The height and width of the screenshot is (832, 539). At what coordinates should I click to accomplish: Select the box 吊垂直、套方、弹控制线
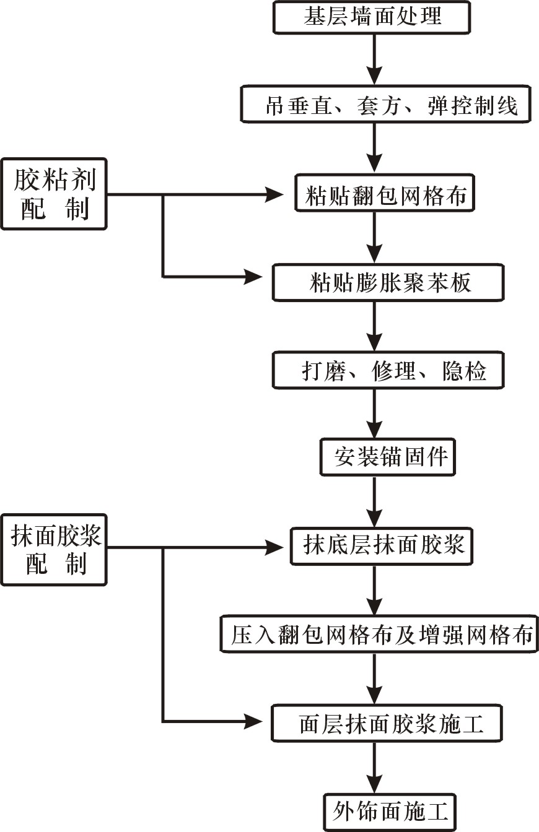387,105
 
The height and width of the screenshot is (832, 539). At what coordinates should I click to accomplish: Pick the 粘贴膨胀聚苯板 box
387,284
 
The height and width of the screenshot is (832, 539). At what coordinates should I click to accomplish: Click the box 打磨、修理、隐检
387,371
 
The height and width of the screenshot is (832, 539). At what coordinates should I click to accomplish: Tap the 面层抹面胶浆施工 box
387,723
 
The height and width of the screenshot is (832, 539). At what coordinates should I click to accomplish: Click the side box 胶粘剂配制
53,194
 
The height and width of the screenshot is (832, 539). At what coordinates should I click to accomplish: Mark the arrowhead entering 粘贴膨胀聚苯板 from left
254,276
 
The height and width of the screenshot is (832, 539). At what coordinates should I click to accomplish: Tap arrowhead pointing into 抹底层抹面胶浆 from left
275,547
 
